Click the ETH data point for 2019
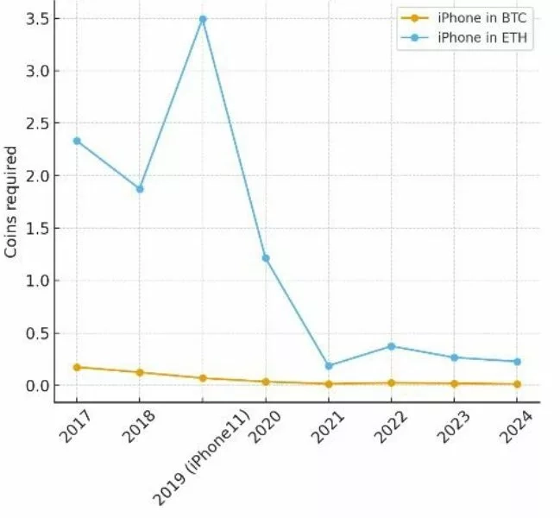tap(203, 19)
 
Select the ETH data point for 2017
tap(77, 141)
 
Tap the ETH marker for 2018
tap(140, 188)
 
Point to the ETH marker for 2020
tap(266, 258)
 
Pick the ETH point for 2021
tap(329, 366)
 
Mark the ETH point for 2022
tap(392, 346)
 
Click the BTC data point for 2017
tap(77, 367)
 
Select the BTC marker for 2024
tap(517, 384)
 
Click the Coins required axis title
tap(11, 202)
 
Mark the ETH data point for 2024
tap(517, 362)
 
